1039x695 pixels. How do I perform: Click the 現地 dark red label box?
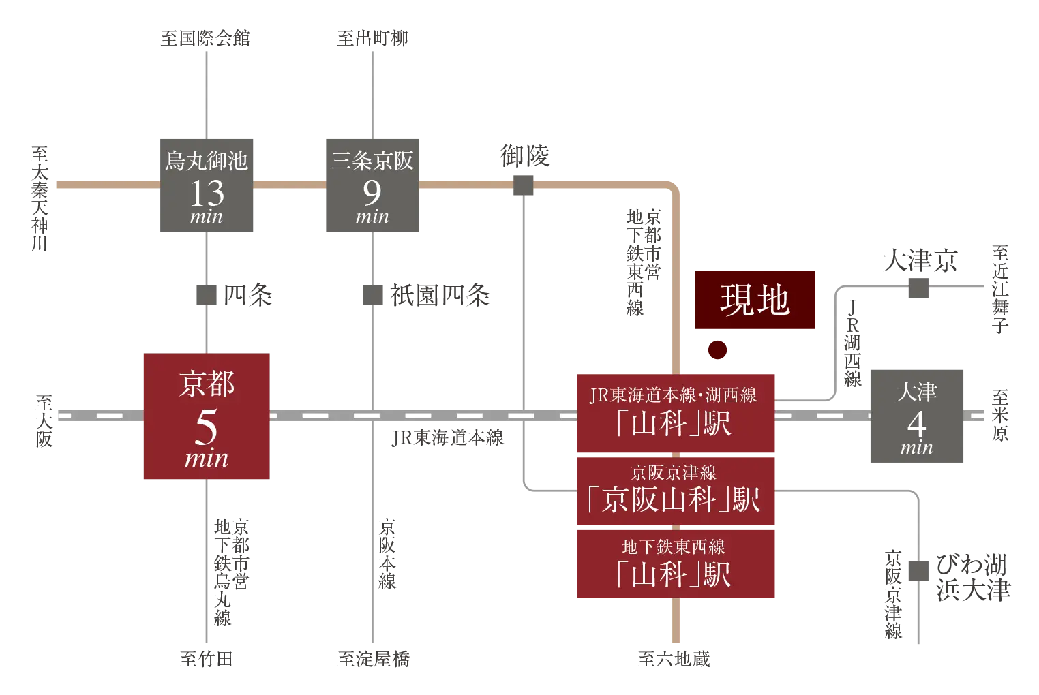pos(755,300)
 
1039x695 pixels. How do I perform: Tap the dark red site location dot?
pos(718,350)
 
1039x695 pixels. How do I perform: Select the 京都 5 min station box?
pos(207,416)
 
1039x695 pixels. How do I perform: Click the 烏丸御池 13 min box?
pos(207,185)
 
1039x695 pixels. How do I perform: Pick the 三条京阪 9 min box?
pos(372,185)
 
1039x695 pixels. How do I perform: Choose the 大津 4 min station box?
pos(916,416)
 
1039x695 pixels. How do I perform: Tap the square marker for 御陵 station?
pos(523,185)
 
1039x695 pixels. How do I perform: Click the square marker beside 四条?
pos(207,295)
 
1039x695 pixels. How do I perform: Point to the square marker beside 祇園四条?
pos(372,295)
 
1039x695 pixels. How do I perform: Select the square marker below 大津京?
pos(918,288)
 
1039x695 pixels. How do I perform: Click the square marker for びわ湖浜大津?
pos(918,571)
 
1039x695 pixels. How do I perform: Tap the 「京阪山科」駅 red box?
pos(676,491)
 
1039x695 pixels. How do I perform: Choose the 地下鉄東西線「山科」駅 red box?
pos(676,563)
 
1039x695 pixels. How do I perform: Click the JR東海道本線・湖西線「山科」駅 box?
pos(676,413)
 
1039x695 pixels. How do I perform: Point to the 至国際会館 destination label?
pos(205,38)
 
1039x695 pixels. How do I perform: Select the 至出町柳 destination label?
pos(372,38)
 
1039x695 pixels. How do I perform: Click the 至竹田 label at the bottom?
pos(206,659)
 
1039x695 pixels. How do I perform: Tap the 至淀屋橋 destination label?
pos(374,659)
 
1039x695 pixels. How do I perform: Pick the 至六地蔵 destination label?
pos(674,659)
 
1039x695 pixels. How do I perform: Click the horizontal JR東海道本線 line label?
pos(448,437)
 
